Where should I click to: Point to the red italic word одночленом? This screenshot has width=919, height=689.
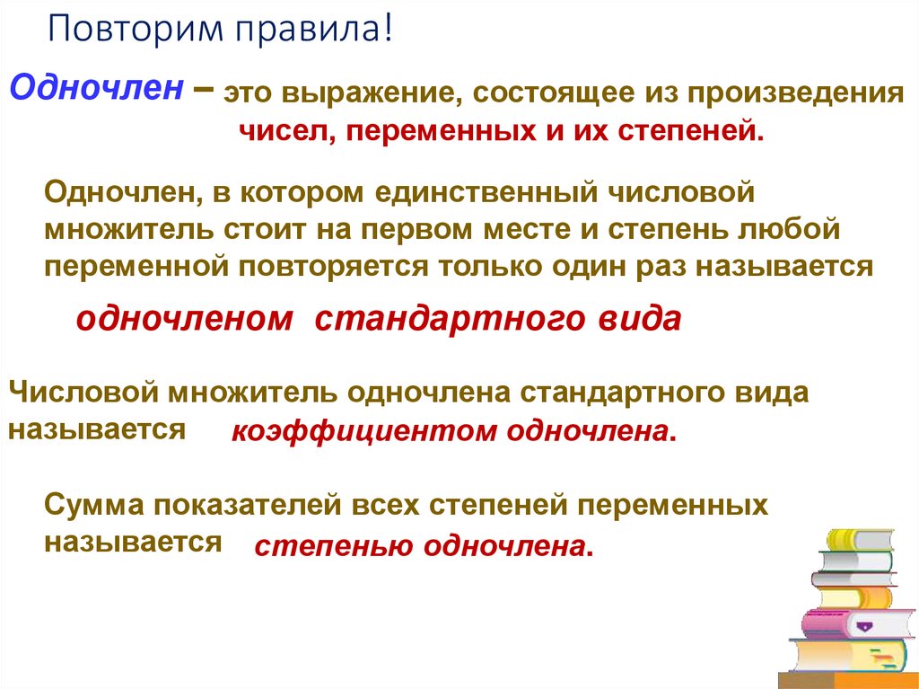tap(184, 319)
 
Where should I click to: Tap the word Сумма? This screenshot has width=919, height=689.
tap(89, 506)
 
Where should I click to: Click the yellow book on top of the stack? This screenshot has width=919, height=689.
tap(859, 539)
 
